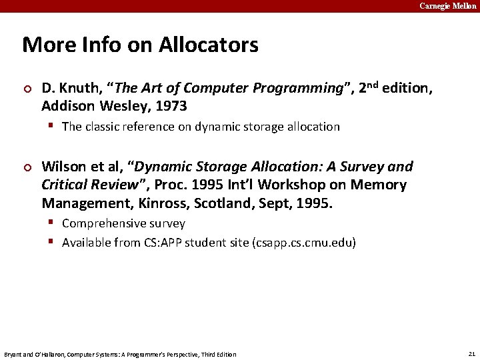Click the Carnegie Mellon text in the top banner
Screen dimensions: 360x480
(447, 6)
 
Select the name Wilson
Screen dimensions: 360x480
(64, 166)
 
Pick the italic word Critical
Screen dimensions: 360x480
(67, 185)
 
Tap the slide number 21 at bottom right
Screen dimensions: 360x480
(471, 353)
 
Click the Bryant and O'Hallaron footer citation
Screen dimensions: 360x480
(120, 354)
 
